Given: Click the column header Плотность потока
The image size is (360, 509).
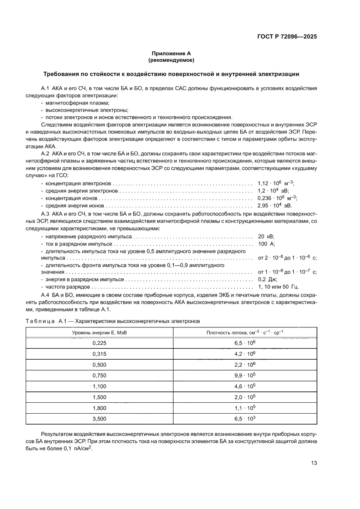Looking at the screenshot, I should [245, 333].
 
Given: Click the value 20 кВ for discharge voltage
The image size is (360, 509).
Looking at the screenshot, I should [266, 236].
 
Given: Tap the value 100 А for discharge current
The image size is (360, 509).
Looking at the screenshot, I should [266, 244].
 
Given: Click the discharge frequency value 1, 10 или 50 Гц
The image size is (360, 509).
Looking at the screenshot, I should [278, 287].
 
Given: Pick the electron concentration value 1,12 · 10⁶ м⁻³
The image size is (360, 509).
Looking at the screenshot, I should [276, 184].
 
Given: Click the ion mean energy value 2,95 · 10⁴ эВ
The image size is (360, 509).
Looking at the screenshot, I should [274, 205].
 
